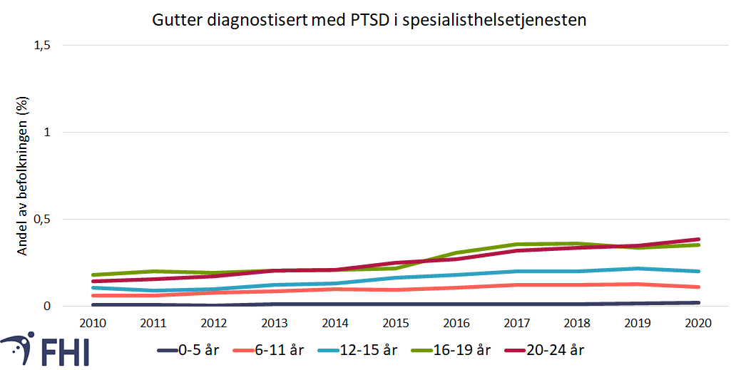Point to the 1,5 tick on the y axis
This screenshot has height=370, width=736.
pyautogui.click(x=42, y=45)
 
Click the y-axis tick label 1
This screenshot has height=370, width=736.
pyautogui.click(x=48, y=132)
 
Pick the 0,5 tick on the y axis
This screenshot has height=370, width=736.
pyautogui.click(x=42, y=219)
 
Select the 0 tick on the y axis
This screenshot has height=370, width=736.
pyautogui.click(x=48, y=306)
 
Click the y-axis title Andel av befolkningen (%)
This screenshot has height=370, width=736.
pyautogui.click(x=22, y=177)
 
